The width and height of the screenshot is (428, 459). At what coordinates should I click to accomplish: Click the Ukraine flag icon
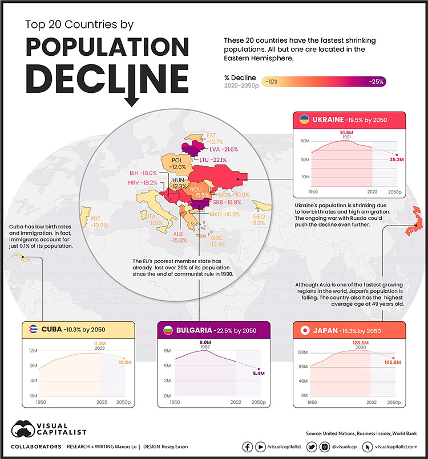[305, 120]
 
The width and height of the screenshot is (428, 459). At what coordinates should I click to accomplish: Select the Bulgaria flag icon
[168, 330]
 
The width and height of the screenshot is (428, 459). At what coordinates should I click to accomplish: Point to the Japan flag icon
[304, 330]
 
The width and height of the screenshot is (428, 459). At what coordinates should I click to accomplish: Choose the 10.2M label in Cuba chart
[123, 362]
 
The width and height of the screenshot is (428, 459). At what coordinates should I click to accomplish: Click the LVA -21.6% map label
[224, 149]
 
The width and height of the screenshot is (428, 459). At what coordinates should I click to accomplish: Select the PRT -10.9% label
[99, 222]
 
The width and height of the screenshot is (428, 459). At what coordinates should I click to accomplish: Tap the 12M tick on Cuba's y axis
[33, 350]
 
